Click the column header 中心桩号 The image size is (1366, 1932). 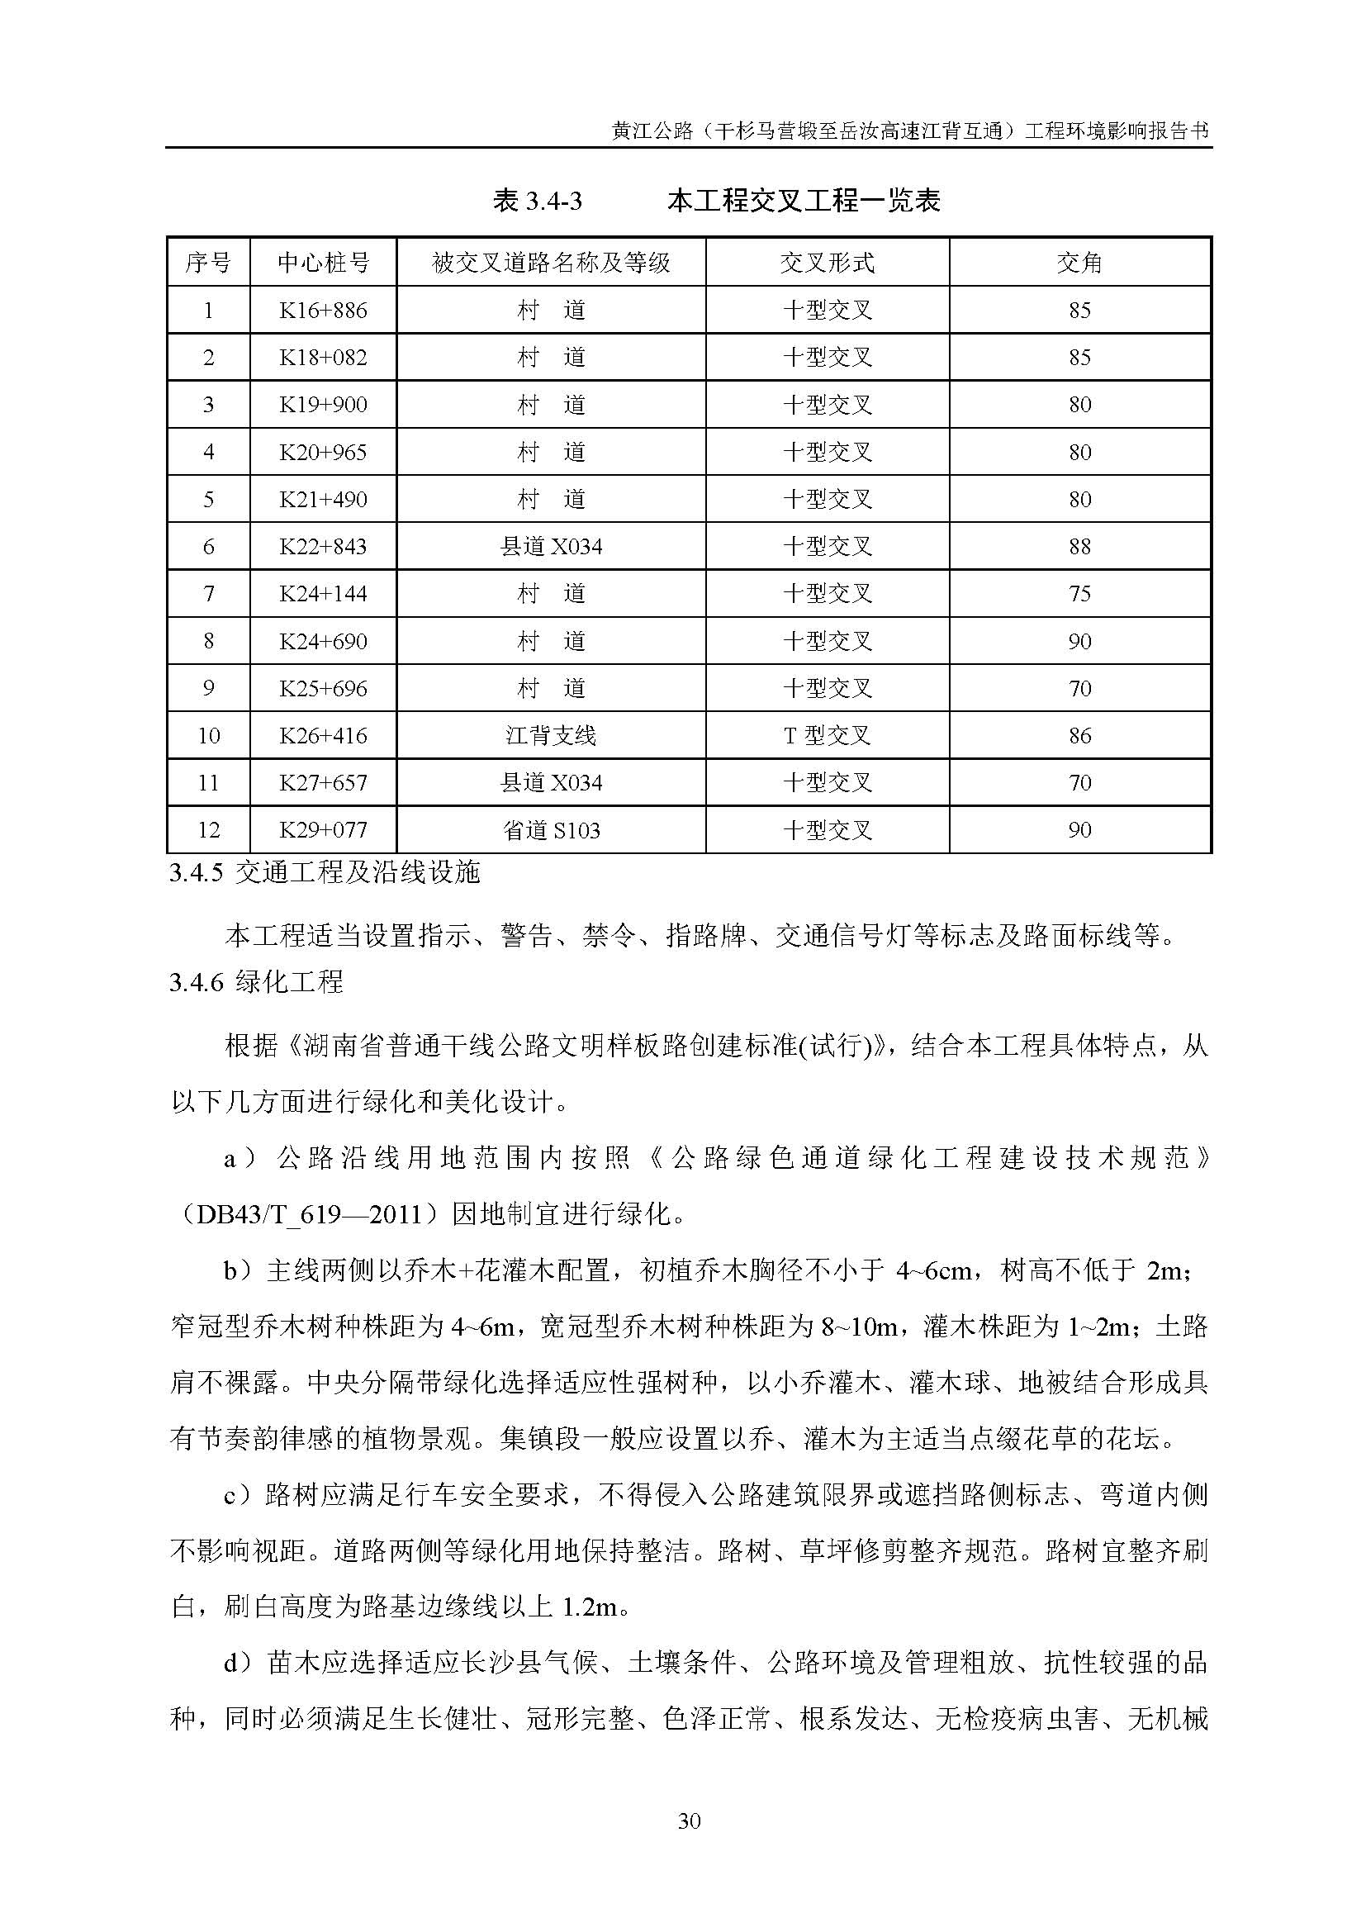point(323,263)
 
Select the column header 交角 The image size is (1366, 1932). point(1079,263)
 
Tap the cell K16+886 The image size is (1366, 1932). point(323,311)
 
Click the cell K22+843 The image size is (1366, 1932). point(323,547)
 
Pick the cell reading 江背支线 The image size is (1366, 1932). point(551,736)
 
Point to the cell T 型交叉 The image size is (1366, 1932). point(827,736)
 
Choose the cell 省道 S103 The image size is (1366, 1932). point(551,830)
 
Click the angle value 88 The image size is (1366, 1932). point(1079,547)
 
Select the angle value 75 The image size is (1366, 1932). point(1079,594)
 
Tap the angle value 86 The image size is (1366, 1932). point(1079,736)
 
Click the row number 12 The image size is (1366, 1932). point(209,830)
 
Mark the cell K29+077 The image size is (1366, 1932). point(323,830)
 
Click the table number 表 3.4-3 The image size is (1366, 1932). point(538,202)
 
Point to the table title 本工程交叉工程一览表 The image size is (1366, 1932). point(804,202)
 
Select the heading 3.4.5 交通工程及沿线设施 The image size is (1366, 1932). point(324,873)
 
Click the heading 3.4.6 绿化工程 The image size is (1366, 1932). point(257,982)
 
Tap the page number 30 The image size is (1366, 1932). point(689,1822)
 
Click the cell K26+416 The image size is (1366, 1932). point(323,736)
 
